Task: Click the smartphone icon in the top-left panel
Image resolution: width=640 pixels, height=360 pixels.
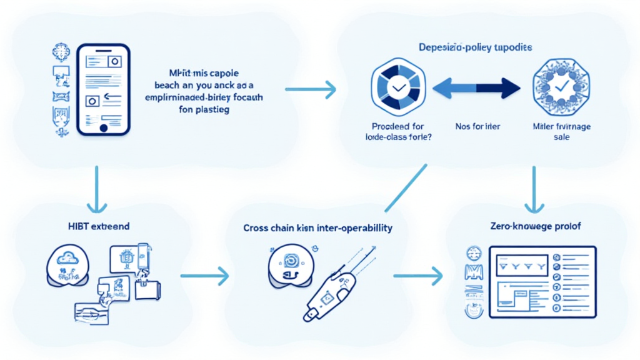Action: point(103,89)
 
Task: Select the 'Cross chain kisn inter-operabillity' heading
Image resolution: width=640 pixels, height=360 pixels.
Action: point(318,228)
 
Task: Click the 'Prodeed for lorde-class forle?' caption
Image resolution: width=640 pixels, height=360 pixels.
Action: point(397,132)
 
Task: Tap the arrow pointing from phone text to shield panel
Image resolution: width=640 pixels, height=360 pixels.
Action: point(311,89)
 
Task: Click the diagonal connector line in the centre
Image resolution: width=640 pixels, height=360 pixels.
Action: point(405,187)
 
